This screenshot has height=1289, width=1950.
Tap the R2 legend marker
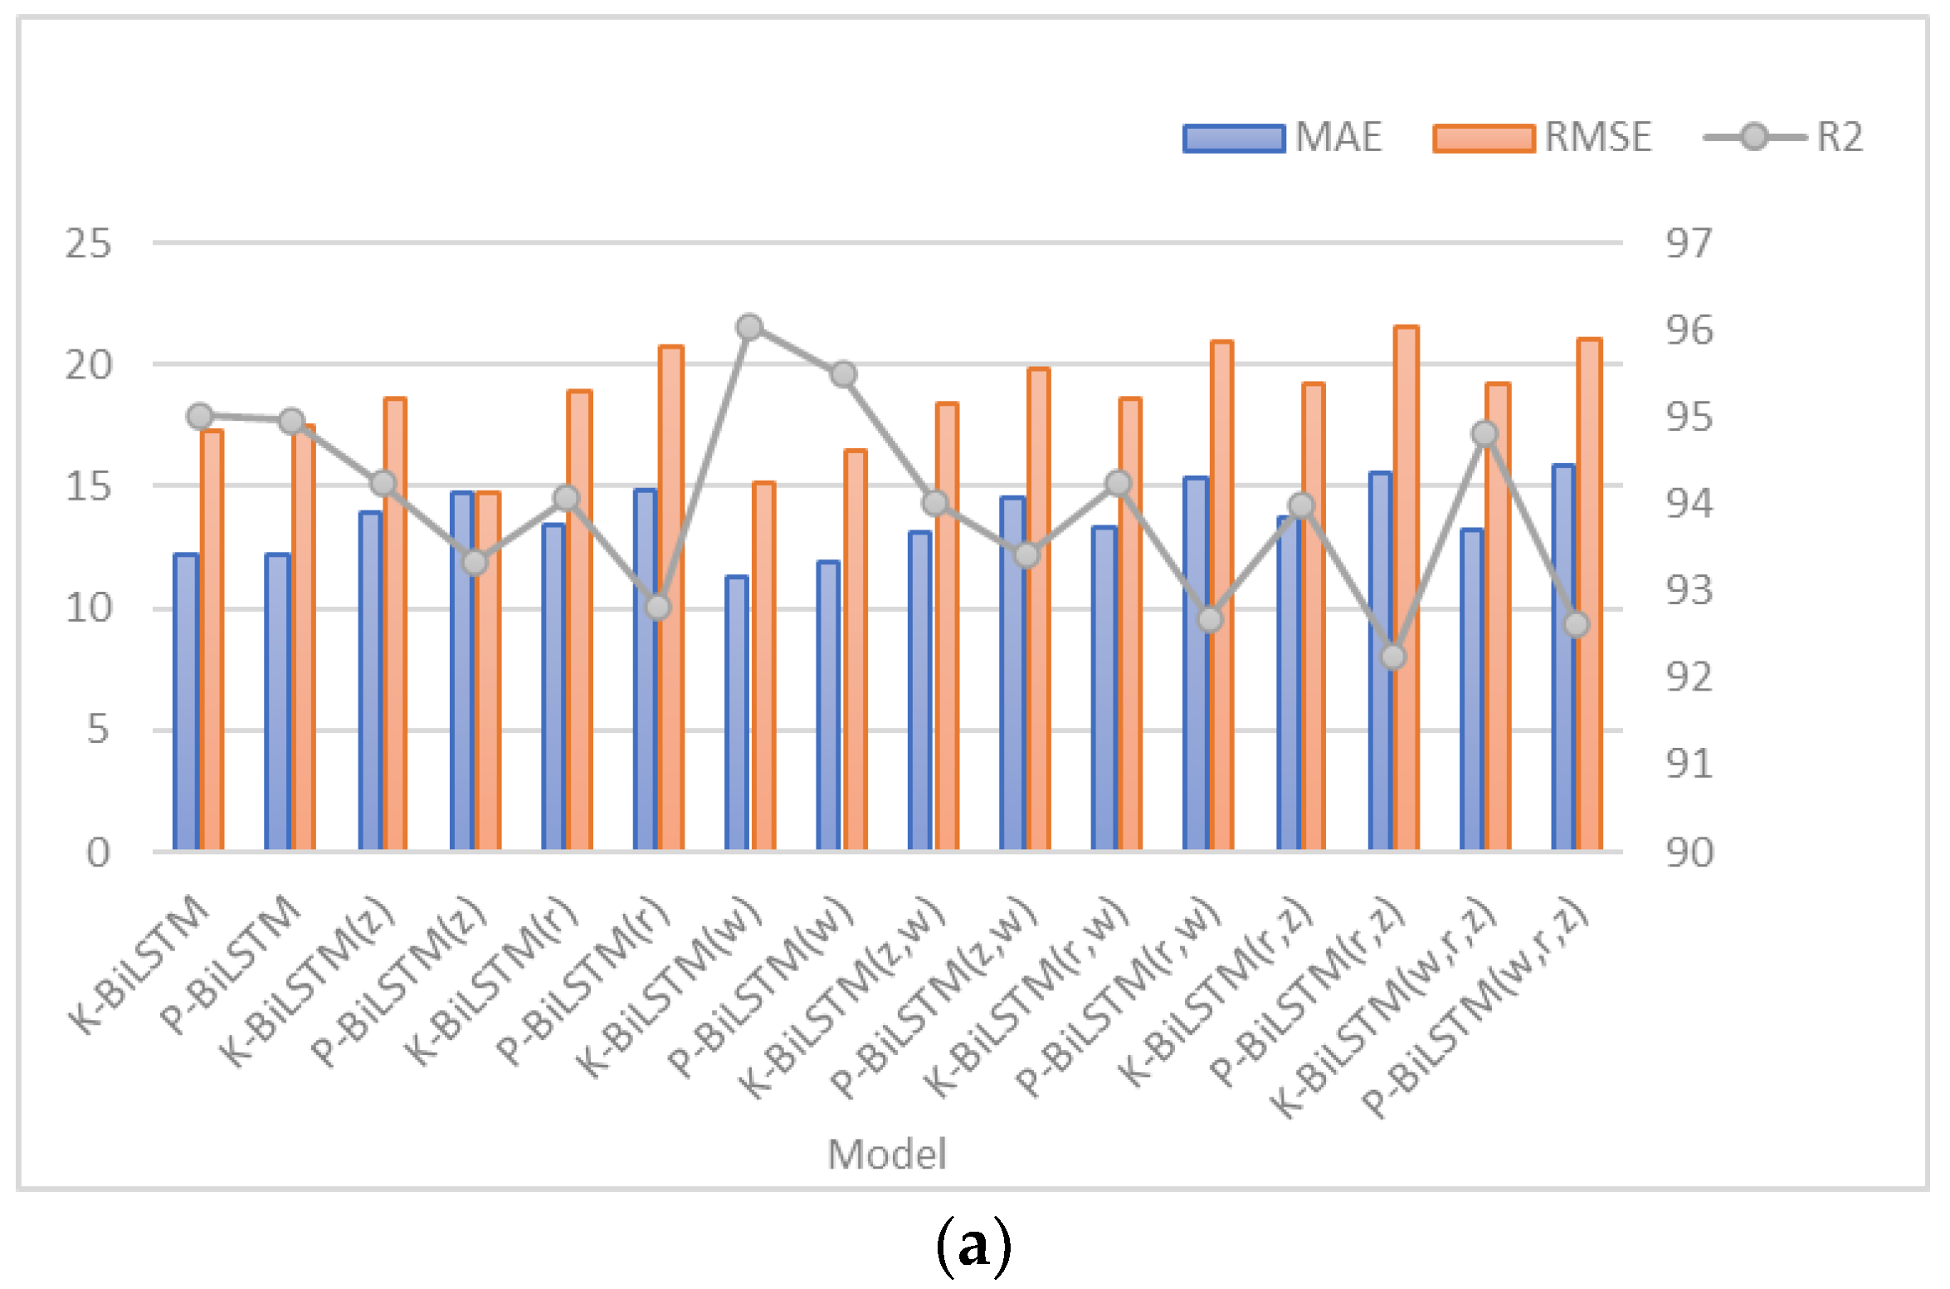tap(1753, 137)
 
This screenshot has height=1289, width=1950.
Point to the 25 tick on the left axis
tap(88, 244)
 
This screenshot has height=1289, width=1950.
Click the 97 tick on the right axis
tap(1688, 244)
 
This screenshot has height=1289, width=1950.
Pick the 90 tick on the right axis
tap(1688, 852)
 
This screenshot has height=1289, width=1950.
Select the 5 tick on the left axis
tap(98, 730)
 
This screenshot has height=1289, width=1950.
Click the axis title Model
tap(886, 1155)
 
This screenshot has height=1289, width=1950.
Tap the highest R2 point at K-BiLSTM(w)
tap(749, 327)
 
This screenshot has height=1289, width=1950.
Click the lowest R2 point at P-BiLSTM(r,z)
tap(1393, 657)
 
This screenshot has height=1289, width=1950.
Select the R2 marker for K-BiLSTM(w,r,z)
tap(1484, 433)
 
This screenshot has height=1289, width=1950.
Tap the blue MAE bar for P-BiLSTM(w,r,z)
tap(1562, 657)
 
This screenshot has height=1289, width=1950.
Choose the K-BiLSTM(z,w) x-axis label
tap(841, 1000)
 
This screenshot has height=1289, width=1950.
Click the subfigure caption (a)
tap(973, 1246)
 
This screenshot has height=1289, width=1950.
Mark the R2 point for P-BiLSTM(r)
tap(657, 608)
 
